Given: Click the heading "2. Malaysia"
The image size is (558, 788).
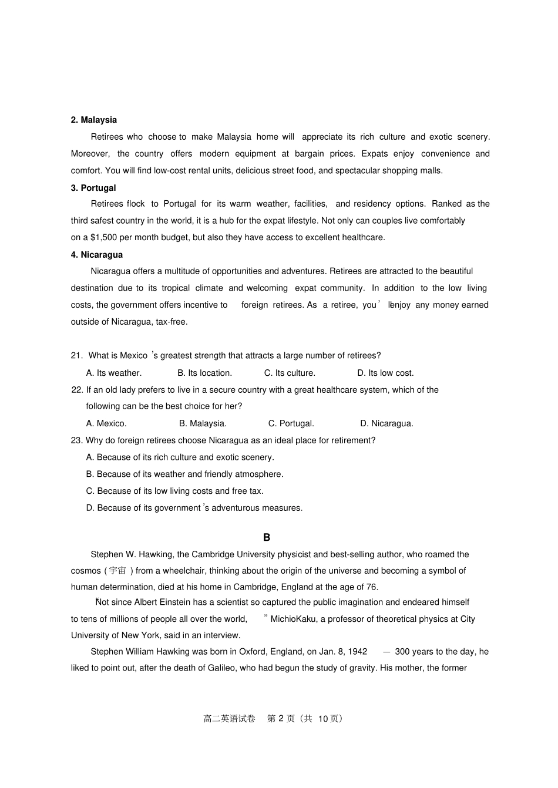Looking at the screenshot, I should coord(94,120).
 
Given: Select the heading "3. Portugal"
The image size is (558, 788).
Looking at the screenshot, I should coord(93,188).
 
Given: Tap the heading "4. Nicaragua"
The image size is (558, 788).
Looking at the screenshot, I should coord(97,255).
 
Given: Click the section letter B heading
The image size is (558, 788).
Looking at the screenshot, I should coord(267,537).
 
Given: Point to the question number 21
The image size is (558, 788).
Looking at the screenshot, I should coord(76,356).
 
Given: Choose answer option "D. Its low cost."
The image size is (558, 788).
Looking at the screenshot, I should coord(385,373).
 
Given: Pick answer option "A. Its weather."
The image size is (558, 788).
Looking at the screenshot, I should coord(113,373).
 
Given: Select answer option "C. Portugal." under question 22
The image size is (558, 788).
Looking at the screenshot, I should coord(291,423).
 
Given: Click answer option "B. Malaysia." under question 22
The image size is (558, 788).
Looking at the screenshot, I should coord(203,423).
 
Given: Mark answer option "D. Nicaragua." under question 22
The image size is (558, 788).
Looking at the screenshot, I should coord(386,423).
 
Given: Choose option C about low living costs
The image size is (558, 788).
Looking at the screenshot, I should coord(174,491).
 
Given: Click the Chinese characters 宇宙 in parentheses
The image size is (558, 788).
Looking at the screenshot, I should coord(117,571).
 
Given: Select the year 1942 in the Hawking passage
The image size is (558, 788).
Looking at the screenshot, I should coord(357,652).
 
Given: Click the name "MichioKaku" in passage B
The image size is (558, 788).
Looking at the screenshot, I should coord(293,619).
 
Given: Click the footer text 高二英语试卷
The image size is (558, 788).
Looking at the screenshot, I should coord(229,719).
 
